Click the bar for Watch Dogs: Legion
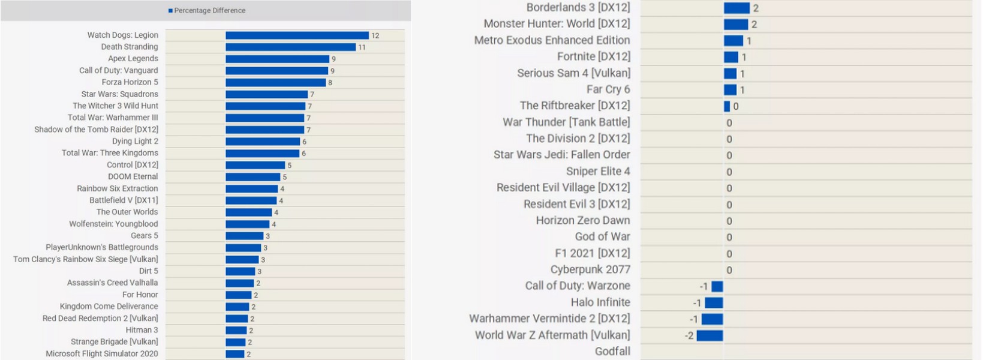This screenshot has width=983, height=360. tap(297, 35)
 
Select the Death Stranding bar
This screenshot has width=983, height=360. tap(290, 47)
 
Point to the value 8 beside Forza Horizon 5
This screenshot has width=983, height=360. tap(330, 83)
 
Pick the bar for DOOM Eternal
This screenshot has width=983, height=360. tap(252, 177)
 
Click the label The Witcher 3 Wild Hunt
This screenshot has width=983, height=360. tap(115, 106)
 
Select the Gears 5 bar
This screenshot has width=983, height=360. tap(244, 236)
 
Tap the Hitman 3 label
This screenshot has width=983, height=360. tap(142, 330)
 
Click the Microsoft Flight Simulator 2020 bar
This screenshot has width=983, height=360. tap(235, 354)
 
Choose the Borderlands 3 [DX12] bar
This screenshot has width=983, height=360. tap(737, 8)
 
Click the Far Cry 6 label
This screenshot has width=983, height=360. tap(608, 89)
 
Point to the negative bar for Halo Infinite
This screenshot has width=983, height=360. tap(714, 302)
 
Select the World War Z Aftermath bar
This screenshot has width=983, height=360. tap(710, 335)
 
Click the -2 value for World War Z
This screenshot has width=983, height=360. tap(689, 335)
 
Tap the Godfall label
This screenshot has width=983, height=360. tap(612, 352)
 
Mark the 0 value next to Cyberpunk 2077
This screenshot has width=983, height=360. tap(729, 270)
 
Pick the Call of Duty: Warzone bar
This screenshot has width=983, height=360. tap(717, 286)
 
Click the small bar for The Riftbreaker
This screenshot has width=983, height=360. tap(727, 106)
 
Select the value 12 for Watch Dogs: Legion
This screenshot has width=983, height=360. tap(375, 36)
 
